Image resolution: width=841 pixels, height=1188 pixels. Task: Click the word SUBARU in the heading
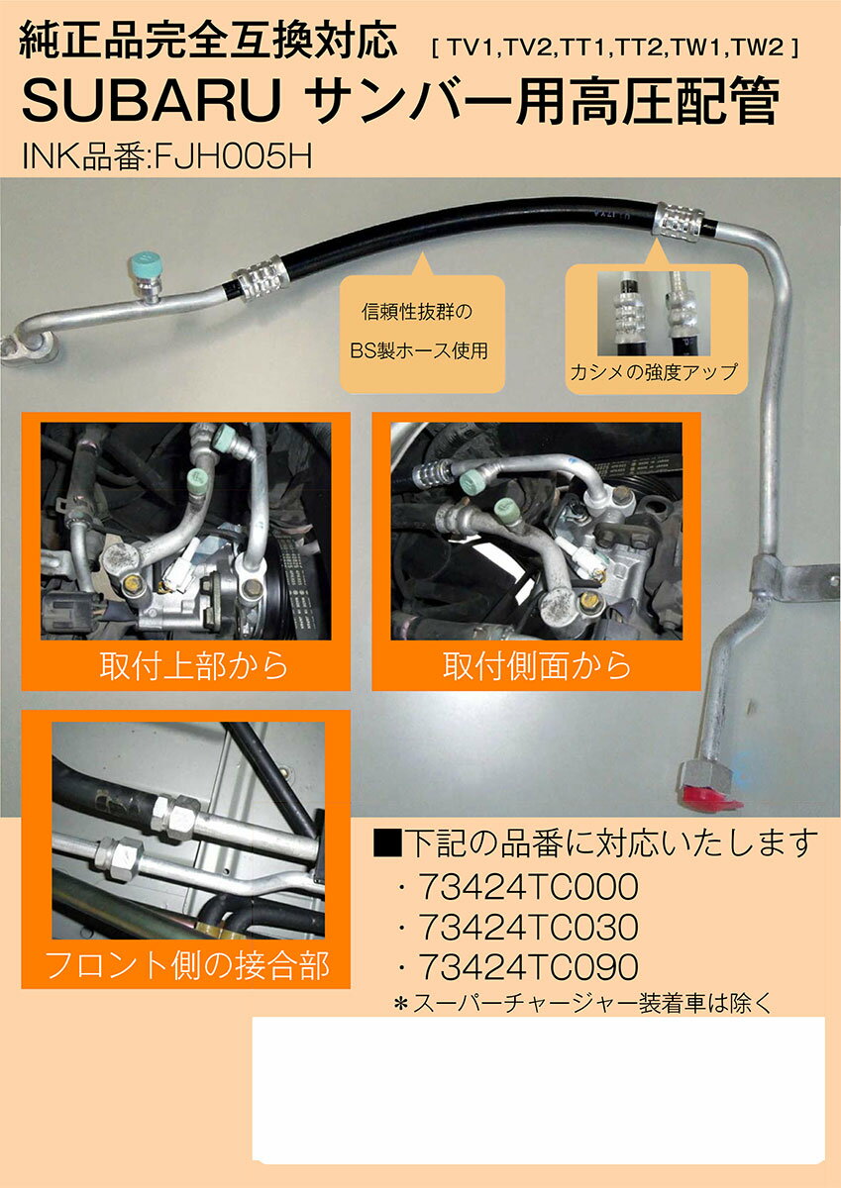tap(151, 101)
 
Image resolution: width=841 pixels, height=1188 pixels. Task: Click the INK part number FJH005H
tap(233, 155)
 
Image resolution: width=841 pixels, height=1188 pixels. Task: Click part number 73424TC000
tap(528, 887)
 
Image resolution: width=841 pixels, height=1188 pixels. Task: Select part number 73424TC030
tap(528, 927)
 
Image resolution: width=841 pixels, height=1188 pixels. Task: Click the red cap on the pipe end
tap(710, 797)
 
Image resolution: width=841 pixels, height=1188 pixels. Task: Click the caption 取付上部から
tap(194, 665)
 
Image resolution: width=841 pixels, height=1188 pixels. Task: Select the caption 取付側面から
tap(537, 665)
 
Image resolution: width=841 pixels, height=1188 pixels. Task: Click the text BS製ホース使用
tap(419, 350)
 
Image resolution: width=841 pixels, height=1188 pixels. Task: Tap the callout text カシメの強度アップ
tap(654, 372)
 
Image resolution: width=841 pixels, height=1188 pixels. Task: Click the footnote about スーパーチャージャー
tap(582, 1004)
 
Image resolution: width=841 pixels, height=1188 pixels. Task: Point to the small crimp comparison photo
tap(654, 314)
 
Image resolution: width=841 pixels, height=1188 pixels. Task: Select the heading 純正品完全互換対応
tap(208, 40)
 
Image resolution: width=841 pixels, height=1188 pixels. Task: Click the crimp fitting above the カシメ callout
tap(680, 222)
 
